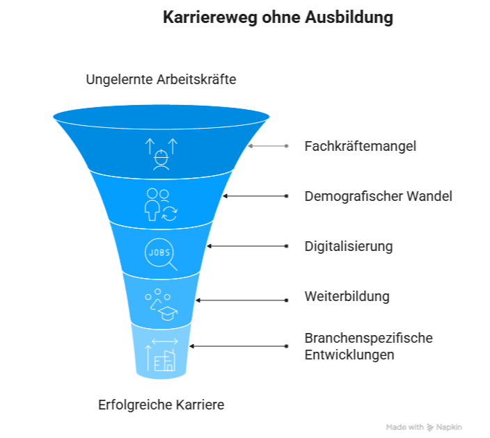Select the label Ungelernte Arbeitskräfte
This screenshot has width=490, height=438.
point(161,79)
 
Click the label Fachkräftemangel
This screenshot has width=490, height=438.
point(361,147)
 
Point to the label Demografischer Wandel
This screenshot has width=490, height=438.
point(378,197)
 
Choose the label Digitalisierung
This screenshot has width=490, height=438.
point(349,247)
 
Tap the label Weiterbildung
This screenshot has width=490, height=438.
point(347,297)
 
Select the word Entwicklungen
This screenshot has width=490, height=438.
point(349,355)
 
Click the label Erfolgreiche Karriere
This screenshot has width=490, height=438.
point(161,405)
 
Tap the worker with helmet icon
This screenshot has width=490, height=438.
point(161,154)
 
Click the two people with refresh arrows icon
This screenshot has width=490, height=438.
point(161,204)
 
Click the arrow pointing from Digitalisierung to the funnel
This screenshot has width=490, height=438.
point(247,246)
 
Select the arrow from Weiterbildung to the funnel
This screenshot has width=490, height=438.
point(241,300)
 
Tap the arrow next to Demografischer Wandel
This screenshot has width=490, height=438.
point(254,196)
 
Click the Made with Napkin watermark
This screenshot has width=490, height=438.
point(424,427)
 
